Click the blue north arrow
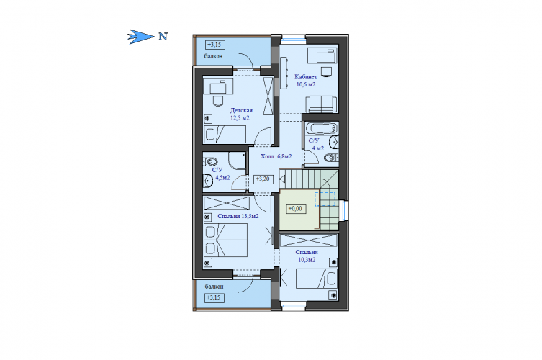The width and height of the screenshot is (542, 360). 140,36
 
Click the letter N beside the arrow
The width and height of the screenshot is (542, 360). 163,36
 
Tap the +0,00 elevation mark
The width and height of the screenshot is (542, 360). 296,209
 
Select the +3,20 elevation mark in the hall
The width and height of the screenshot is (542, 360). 263,179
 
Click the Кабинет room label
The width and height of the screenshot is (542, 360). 306,77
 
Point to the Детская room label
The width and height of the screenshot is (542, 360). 241,110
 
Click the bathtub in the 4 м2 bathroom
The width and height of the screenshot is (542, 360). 322,129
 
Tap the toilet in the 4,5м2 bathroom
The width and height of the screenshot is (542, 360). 209,161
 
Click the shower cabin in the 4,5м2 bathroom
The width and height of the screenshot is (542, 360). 237,161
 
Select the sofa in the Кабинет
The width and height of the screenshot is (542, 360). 321,104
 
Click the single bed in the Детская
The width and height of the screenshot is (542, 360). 225,134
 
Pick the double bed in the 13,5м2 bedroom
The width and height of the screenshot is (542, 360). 225,240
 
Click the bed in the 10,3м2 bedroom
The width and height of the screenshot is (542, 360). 316,279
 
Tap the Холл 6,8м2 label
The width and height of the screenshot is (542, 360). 276,156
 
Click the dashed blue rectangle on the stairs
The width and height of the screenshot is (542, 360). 325,199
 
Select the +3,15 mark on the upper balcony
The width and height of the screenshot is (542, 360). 215,45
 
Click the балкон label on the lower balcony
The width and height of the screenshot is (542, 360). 214,287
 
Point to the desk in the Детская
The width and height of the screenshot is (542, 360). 218,86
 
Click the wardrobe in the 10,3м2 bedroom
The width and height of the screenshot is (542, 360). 308,240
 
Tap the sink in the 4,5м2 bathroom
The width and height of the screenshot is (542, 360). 208,181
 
